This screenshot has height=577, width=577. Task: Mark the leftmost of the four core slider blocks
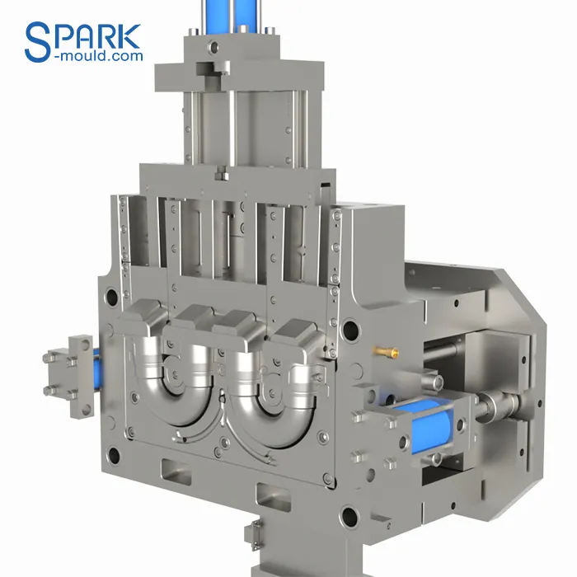(x=146, y=320)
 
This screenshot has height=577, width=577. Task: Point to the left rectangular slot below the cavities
(x=177, y=474)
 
